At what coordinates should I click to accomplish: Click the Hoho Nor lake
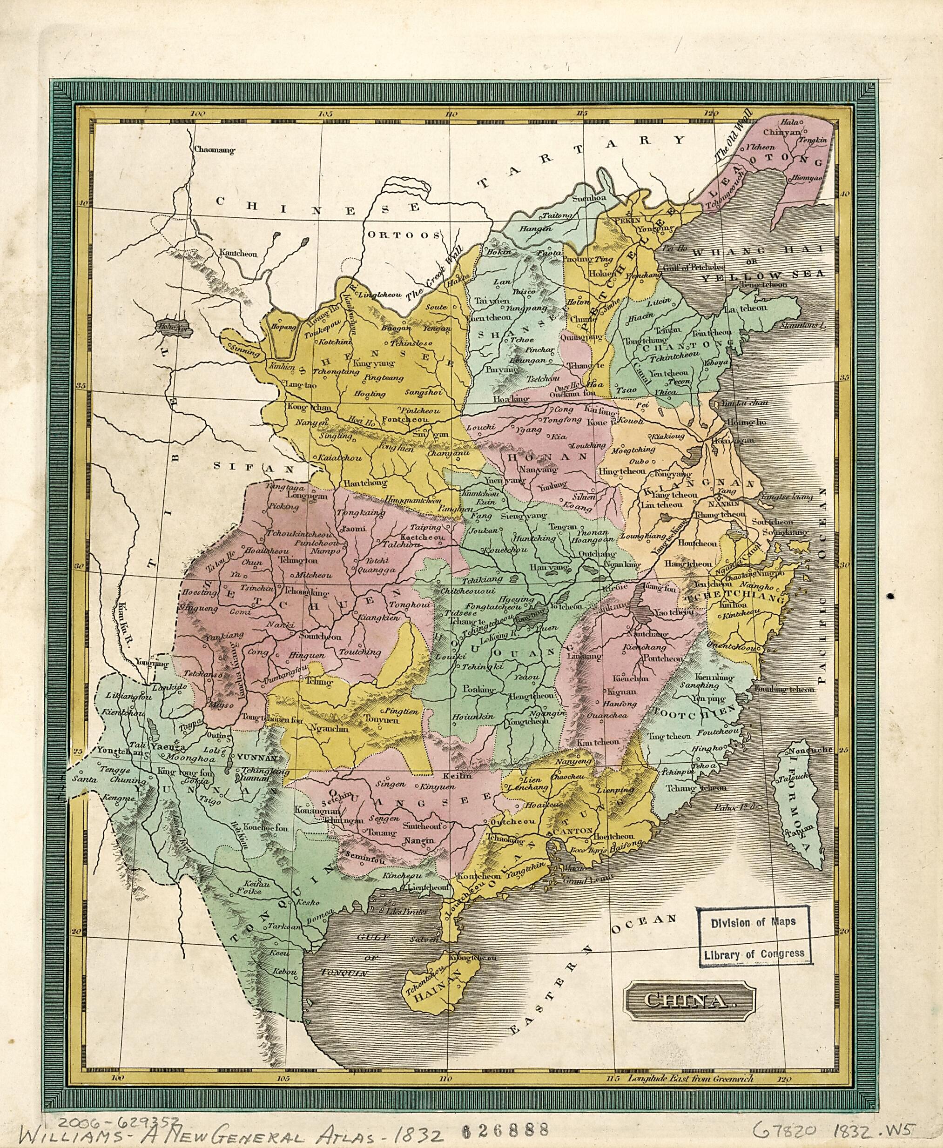[x=170, y=327]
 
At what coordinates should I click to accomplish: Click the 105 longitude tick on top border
[x=325, y=114]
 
